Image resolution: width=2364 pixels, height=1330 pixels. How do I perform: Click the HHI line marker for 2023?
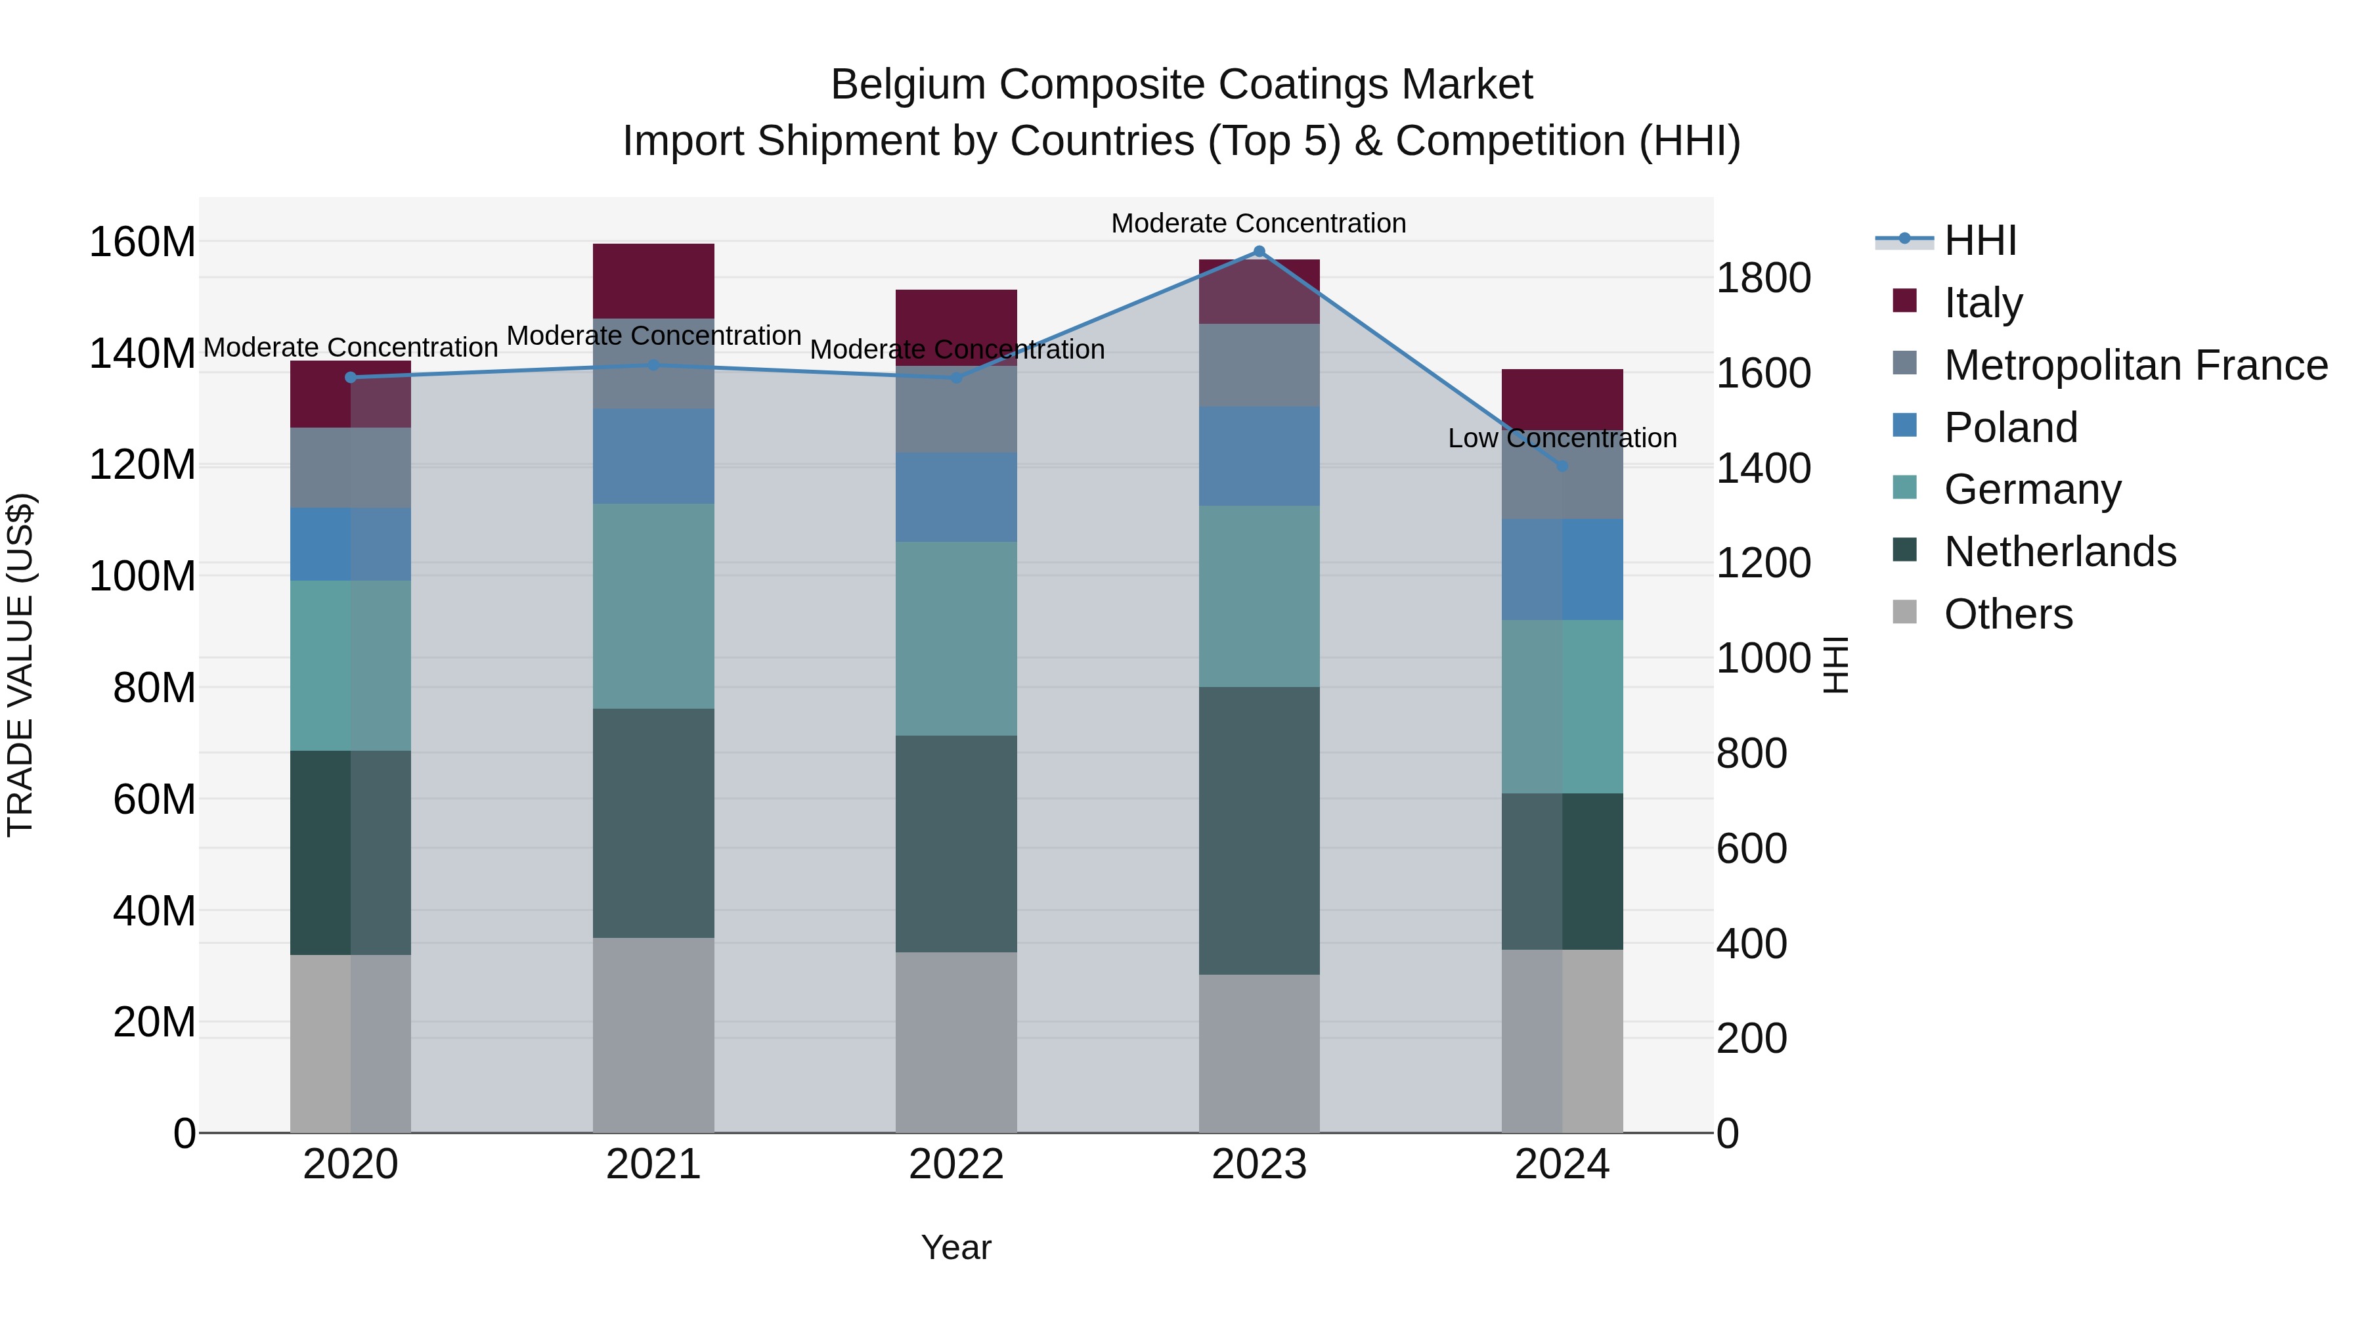click(1259, 252)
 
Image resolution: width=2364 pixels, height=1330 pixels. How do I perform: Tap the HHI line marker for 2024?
click(1562, 466)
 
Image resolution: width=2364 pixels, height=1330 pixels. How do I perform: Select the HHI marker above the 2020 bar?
click(351, 377)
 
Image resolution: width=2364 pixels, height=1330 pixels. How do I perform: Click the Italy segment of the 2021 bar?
click(653, 281)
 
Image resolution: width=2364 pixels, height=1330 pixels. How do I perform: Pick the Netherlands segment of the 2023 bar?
click(1259, 831)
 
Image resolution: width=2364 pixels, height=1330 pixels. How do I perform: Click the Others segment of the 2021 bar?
click(653, 1034)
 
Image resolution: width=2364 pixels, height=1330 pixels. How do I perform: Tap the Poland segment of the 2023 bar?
click(1259, 456)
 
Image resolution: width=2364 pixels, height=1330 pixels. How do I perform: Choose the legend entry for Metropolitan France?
click(2135, 365)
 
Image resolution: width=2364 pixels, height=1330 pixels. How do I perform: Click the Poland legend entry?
click(2010, 428)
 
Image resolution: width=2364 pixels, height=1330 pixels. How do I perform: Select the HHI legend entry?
click(1979, 240)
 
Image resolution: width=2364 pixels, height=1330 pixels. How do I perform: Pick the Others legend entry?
click(2008, 614)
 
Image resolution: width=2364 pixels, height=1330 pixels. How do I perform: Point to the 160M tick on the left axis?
click(142, 242)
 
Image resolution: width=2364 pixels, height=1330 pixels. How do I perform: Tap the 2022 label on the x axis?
click(956, 1164)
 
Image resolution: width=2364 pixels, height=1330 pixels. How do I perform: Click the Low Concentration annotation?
click(1562, 439)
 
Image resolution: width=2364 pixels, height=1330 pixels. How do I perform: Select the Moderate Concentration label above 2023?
click(1258, 224)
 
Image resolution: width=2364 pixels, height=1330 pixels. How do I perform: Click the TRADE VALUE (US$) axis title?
click(20, 665)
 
